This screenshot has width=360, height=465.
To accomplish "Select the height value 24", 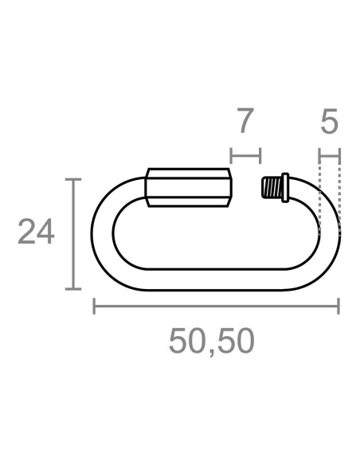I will tap(36, 233).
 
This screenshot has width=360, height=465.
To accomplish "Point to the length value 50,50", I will tap(212, 341).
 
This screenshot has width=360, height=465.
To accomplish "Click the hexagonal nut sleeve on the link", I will tap(189, 188).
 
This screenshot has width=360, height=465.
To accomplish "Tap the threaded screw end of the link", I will tap(276, 187).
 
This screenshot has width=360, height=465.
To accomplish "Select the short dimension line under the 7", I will tap(245, 154).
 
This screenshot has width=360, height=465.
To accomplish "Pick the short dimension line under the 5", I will tap(330, 154).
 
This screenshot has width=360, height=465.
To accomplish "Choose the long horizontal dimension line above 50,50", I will tap(215, 306).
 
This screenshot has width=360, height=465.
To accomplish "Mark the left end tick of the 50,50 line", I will tap(94, 306).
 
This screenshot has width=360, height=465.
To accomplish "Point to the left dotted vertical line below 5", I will tap(319, 195).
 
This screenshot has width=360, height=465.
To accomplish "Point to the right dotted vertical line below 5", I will tap(340, 195).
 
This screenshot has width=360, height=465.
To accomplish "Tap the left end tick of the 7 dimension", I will tap(230, 154).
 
